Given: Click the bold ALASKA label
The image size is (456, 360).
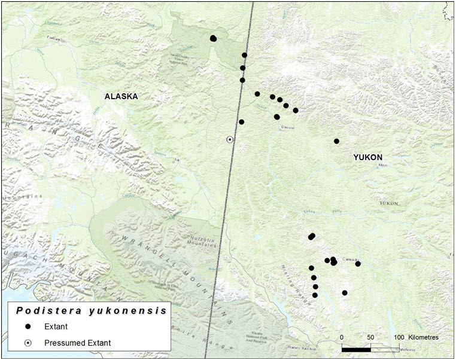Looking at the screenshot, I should (x=121, y=96).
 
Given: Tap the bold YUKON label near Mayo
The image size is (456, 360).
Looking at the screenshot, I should (x=367, y=157).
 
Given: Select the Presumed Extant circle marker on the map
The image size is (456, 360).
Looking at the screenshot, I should (x=230, y=139).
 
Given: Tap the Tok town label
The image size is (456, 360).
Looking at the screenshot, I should (x=177, y=160).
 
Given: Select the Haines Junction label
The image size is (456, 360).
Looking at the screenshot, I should (x=299, y=347).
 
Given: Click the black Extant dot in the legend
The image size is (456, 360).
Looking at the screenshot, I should (x=28, y=327).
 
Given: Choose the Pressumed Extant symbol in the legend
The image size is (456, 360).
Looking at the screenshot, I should (x=28, y=343).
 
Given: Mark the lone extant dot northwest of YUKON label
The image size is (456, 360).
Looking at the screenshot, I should (x=336, y=141).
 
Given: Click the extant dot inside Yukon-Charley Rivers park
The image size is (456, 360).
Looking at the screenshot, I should (x=214, y=39).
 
